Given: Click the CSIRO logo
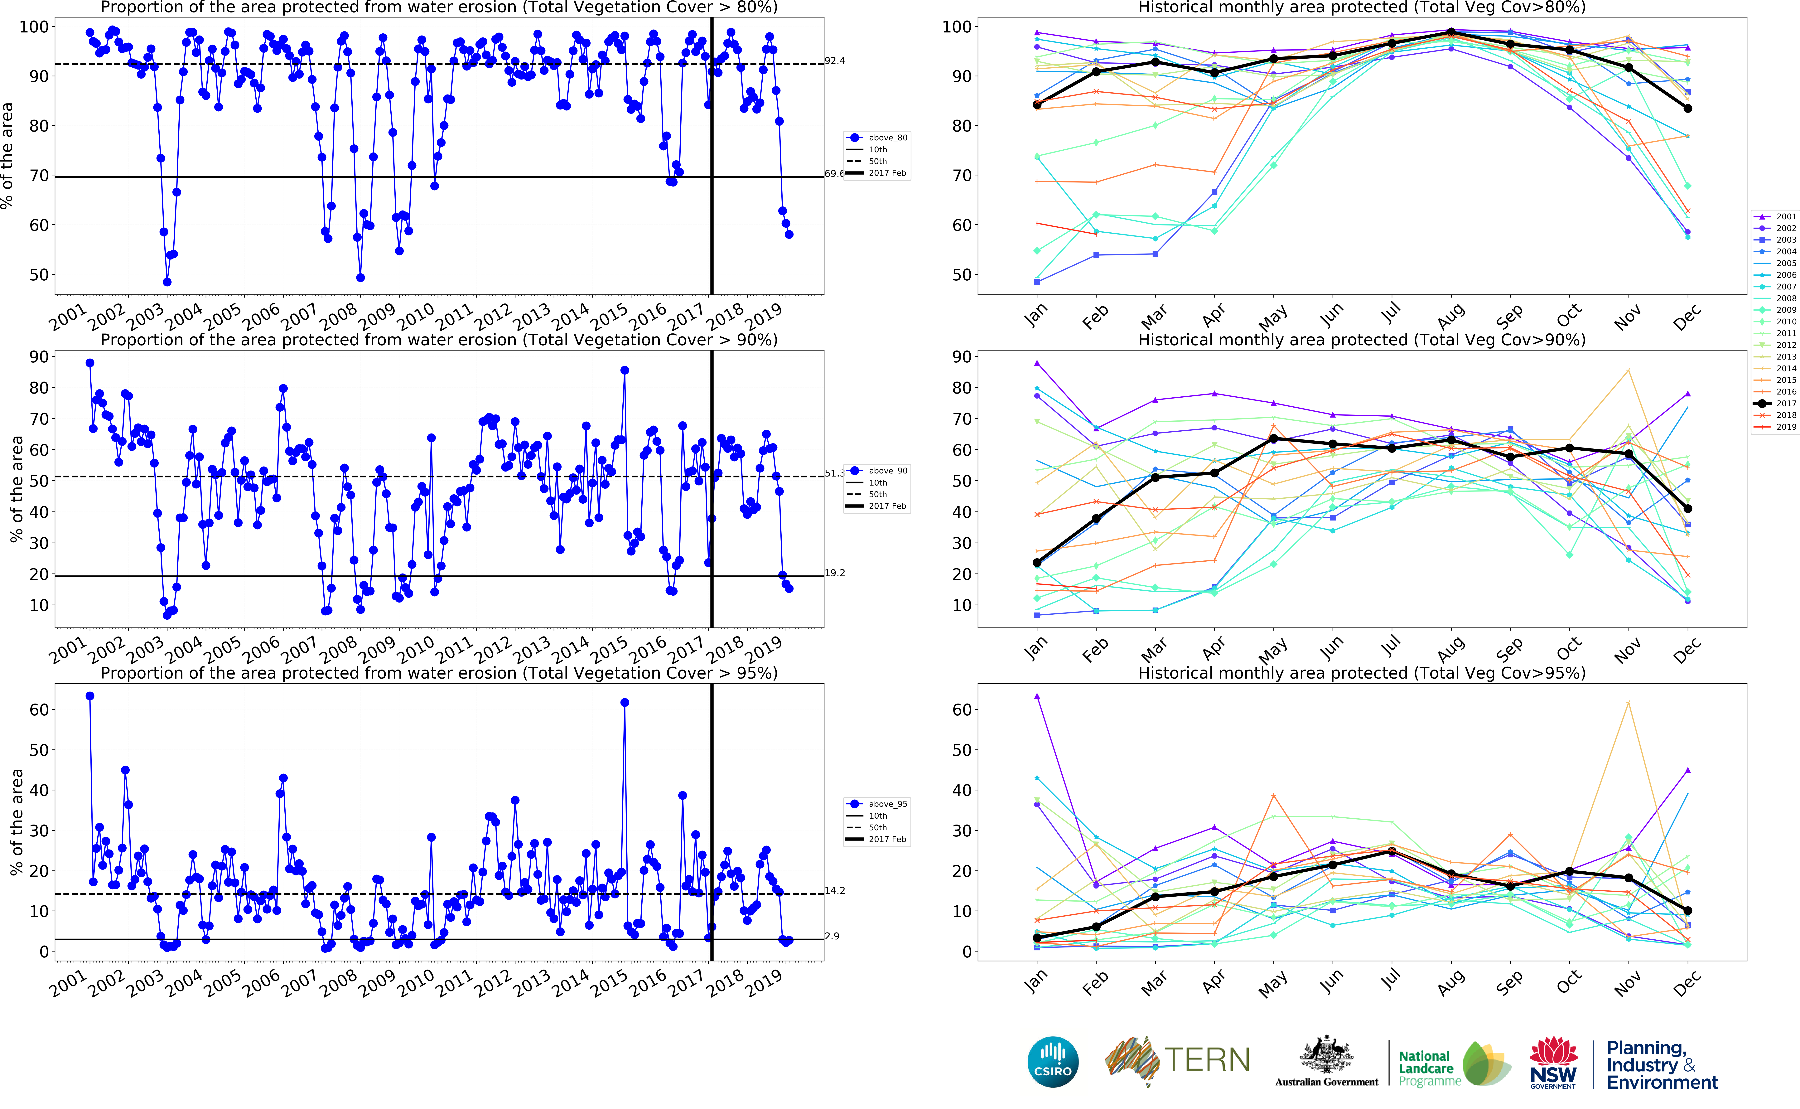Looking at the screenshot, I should click(x=1053, y=1061).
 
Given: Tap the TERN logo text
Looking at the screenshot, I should click(x=1207, y=1060).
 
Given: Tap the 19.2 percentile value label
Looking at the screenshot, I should click(x=834, y=573).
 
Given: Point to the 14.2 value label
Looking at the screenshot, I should click(x=834, y=890).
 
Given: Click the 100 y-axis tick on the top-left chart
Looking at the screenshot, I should click(x=34, y=27).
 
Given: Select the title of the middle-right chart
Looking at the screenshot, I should click(x=1362, y=340).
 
